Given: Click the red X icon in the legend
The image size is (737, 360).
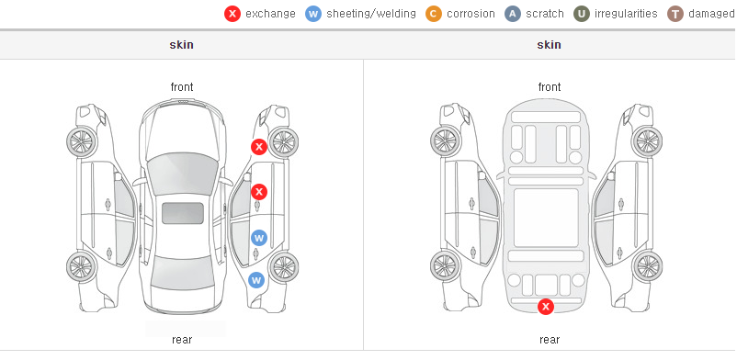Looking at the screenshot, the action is point(232,14).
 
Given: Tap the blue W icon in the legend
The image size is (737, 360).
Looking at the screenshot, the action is point(313,14).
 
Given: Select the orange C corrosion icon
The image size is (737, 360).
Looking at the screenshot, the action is point(434,14).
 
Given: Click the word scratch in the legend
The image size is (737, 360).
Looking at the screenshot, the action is point(545,14).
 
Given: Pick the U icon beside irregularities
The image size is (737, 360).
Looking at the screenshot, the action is point(582,14).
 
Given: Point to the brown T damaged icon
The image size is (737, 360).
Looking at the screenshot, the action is point(675,14).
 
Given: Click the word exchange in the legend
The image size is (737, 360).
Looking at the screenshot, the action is point(270,14).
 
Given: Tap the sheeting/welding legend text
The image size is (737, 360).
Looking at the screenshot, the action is point(371,14).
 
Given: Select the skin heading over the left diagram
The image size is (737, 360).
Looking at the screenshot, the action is point(181,45).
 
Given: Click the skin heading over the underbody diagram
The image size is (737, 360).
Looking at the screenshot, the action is point(549,45).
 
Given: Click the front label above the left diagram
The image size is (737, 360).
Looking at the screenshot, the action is point(182,87).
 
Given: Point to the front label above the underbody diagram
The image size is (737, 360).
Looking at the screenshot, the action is point(550,87).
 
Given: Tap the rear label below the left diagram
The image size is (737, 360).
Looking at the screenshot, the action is point(182,340).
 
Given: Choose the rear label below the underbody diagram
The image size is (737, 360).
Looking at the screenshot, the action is point(550,340).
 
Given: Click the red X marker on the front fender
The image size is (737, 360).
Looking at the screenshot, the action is point(259,147).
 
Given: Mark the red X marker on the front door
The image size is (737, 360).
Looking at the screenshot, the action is point(259,192).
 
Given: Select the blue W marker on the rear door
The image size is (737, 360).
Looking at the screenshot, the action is point(259,238).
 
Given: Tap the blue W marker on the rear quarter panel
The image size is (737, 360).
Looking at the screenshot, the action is point(256,281).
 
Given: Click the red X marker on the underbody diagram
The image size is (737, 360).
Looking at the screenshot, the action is point(546,307).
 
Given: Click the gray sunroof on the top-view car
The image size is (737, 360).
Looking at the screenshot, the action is point(183,213).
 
